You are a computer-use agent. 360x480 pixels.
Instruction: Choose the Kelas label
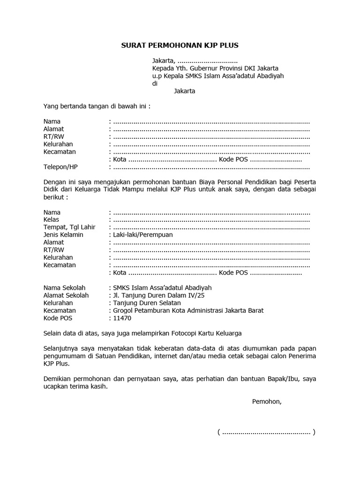pyautogui.click(x=51, y=219)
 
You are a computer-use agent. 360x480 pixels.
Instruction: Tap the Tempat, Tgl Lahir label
pyautogui.click(x=69, y=227)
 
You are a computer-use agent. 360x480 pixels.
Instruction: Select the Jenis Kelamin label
pyautogui.click(x=63, y=234)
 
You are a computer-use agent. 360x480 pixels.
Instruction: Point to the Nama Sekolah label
pyautogui.click(x=65, y=288)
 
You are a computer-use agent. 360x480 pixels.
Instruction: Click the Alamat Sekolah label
pyautogui.click(x=66, y=295)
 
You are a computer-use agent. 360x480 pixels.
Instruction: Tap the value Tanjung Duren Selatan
pyautogui.click(x=147, y=303)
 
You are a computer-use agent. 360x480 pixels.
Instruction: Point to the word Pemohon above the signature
pyautogui.click(x=267, y=402)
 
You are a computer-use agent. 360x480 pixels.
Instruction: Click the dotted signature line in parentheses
pyautogui.click(x=266, y=432)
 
